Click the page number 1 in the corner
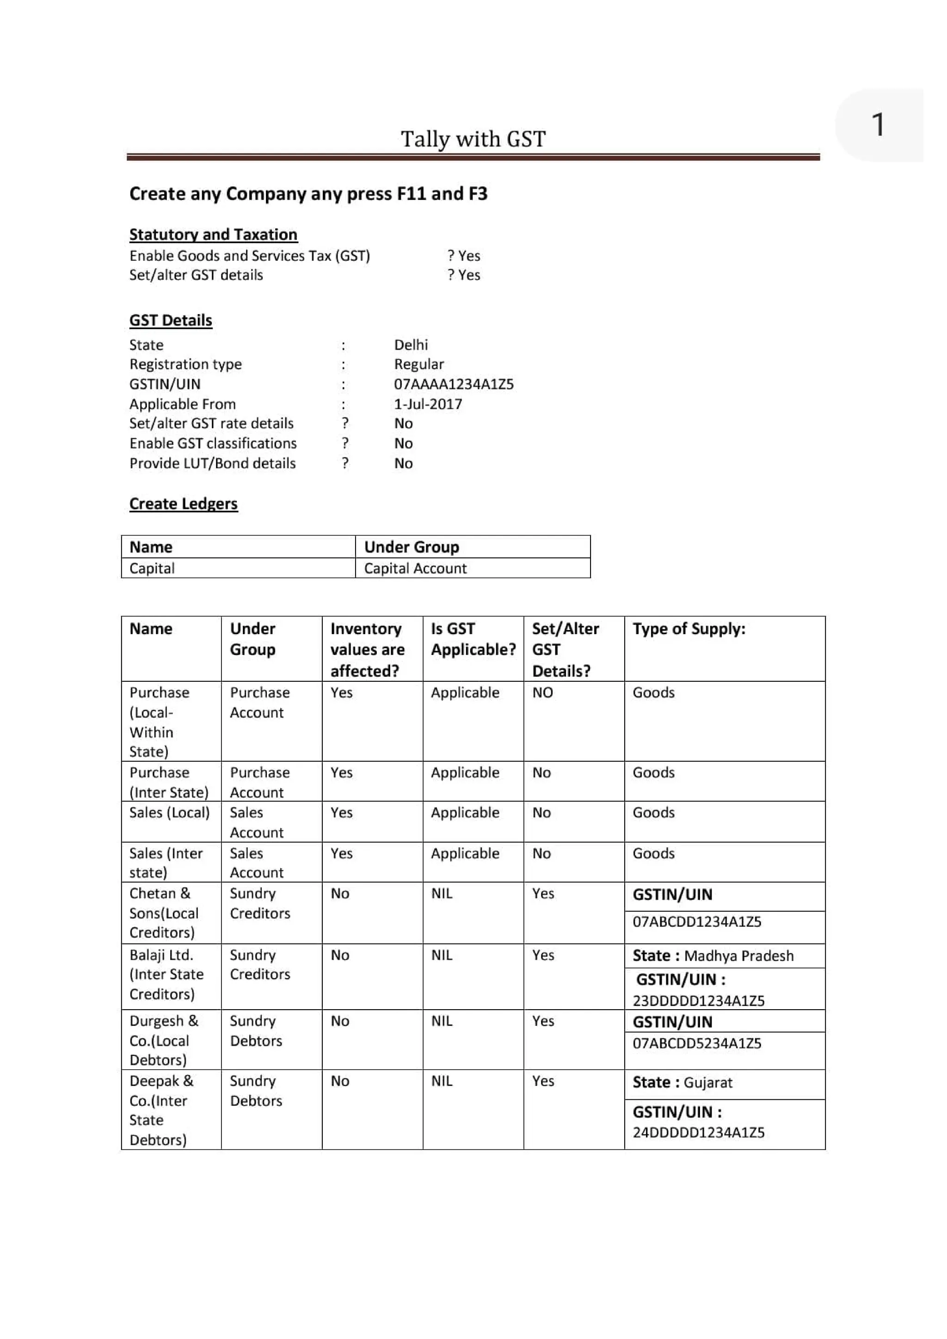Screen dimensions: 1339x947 878,125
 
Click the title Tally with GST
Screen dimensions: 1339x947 473,139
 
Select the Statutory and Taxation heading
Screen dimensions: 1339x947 214,234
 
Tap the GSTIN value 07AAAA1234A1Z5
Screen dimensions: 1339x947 454,384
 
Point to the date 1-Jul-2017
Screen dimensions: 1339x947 428,404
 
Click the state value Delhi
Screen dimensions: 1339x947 411,345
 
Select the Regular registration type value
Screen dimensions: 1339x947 418,364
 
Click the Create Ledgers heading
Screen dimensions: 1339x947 184,504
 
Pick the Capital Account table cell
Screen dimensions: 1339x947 415,568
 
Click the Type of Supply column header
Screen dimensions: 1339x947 689,629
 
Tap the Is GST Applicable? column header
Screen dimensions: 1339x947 473,639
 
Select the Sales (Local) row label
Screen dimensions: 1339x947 169,813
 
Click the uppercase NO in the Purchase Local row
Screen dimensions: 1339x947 542,693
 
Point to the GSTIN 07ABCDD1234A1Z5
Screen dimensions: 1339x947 697,922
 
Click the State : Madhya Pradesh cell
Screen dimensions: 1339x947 713,956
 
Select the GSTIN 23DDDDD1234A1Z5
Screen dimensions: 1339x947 698,1001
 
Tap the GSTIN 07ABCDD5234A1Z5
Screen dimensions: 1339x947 697,1043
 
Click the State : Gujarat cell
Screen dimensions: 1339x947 682,1082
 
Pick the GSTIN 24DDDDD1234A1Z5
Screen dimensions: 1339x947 698,1133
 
